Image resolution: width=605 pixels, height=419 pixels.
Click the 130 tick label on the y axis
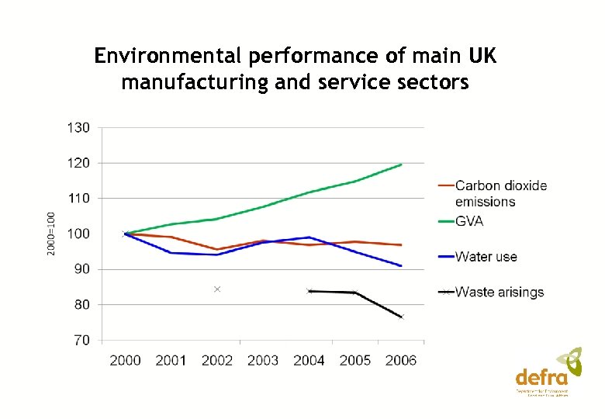click(x=78, y=127)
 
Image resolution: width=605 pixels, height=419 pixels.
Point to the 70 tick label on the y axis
click(x=81, y=340)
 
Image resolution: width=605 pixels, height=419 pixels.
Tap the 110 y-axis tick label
click(x=78, y=199)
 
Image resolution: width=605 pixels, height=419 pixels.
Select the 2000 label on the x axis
click(x=126, y=360)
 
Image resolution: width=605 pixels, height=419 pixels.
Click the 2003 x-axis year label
click(x=263, y=360)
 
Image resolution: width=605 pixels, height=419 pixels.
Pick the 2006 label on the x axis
click(x=400, y=360)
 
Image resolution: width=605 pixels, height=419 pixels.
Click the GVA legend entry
click(x=469, y=221)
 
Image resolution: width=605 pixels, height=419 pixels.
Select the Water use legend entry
click(x=486, y=257)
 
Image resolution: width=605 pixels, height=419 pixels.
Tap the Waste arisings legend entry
click(x=499, y=293)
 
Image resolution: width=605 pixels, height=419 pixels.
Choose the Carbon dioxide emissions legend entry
click(x=500, y=193)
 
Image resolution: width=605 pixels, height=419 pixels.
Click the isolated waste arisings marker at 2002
click(x=217, y=289)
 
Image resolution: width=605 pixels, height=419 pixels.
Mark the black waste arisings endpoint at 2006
click(x=401, y=317)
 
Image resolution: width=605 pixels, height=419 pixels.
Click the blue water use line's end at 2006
click(x=401, y=266)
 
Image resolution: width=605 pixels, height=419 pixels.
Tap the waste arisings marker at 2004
click(x=309, y=291)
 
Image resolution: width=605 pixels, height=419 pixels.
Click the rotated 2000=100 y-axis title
click(x=50, y=233)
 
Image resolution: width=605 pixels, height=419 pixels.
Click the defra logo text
click(x=541, y=378)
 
